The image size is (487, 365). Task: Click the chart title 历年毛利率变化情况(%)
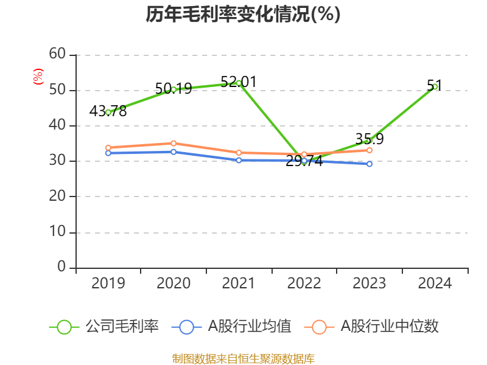pos(243,14)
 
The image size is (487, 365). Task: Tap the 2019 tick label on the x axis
pos(108,283)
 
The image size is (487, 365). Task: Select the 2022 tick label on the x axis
pos(304,283)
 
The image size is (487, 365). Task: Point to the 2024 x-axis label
pos(435,283)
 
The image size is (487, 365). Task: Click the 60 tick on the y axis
pos(58,55)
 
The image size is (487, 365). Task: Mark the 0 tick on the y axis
pos(62,268)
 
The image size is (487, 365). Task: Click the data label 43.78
pos(108,111)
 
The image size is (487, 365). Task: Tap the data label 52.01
pos(239,82)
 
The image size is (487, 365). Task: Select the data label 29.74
pos(304,161)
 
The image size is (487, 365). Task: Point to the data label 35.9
pos(370,139)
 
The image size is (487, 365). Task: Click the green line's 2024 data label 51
pos(434,85)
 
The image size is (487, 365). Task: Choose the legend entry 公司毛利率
pos(122,327)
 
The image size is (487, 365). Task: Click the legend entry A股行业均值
pos(250,327)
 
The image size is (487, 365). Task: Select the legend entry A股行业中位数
pos(390,327)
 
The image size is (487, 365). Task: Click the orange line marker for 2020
pos(173,144)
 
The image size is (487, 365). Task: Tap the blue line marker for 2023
pos(370,164)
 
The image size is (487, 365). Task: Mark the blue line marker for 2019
pos(108,153)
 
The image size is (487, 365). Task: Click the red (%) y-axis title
pos(38,77)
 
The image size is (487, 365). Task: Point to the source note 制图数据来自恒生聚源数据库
pos(243,359)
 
